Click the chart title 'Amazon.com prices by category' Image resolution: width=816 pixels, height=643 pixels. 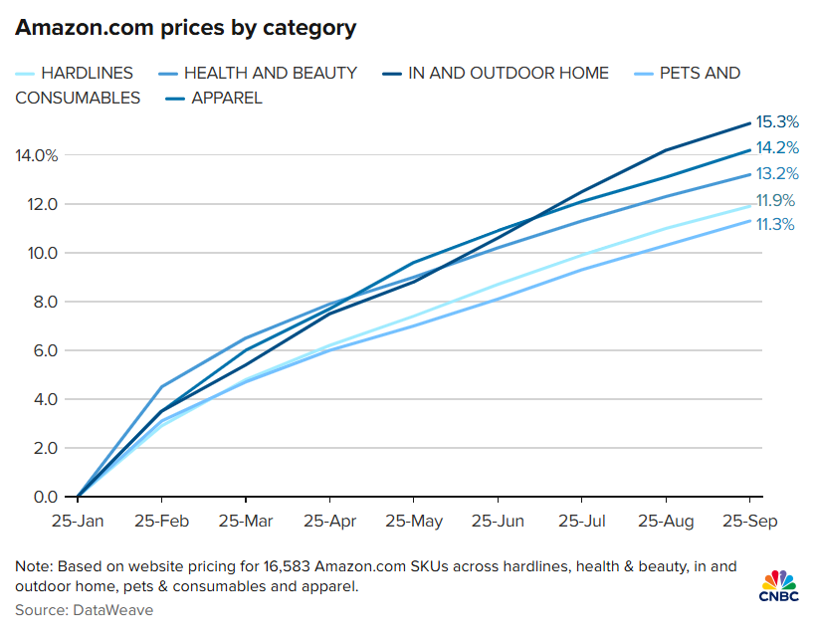pyautogui.click(x=185, y=28)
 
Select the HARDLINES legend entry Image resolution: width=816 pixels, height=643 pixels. pyautogui.click(x=81, y=74)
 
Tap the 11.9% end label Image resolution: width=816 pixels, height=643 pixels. pyautogui.click(x=775, y=201)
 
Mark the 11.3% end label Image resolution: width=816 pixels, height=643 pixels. pyautogui.click(x=775, y=225)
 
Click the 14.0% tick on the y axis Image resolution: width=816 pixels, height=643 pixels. pyautogui.click(x=37, y=155)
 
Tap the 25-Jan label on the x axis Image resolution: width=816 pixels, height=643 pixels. pyautogui.click(x=77, y=522)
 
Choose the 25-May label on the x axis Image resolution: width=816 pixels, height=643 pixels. pyautogui.click(x=413, y=522)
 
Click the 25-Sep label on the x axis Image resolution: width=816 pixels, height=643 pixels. pyautogui.click(x=747, y=522)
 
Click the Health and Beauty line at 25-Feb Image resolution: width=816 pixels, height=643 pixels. pyautogui.click(x=161, y=386)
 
